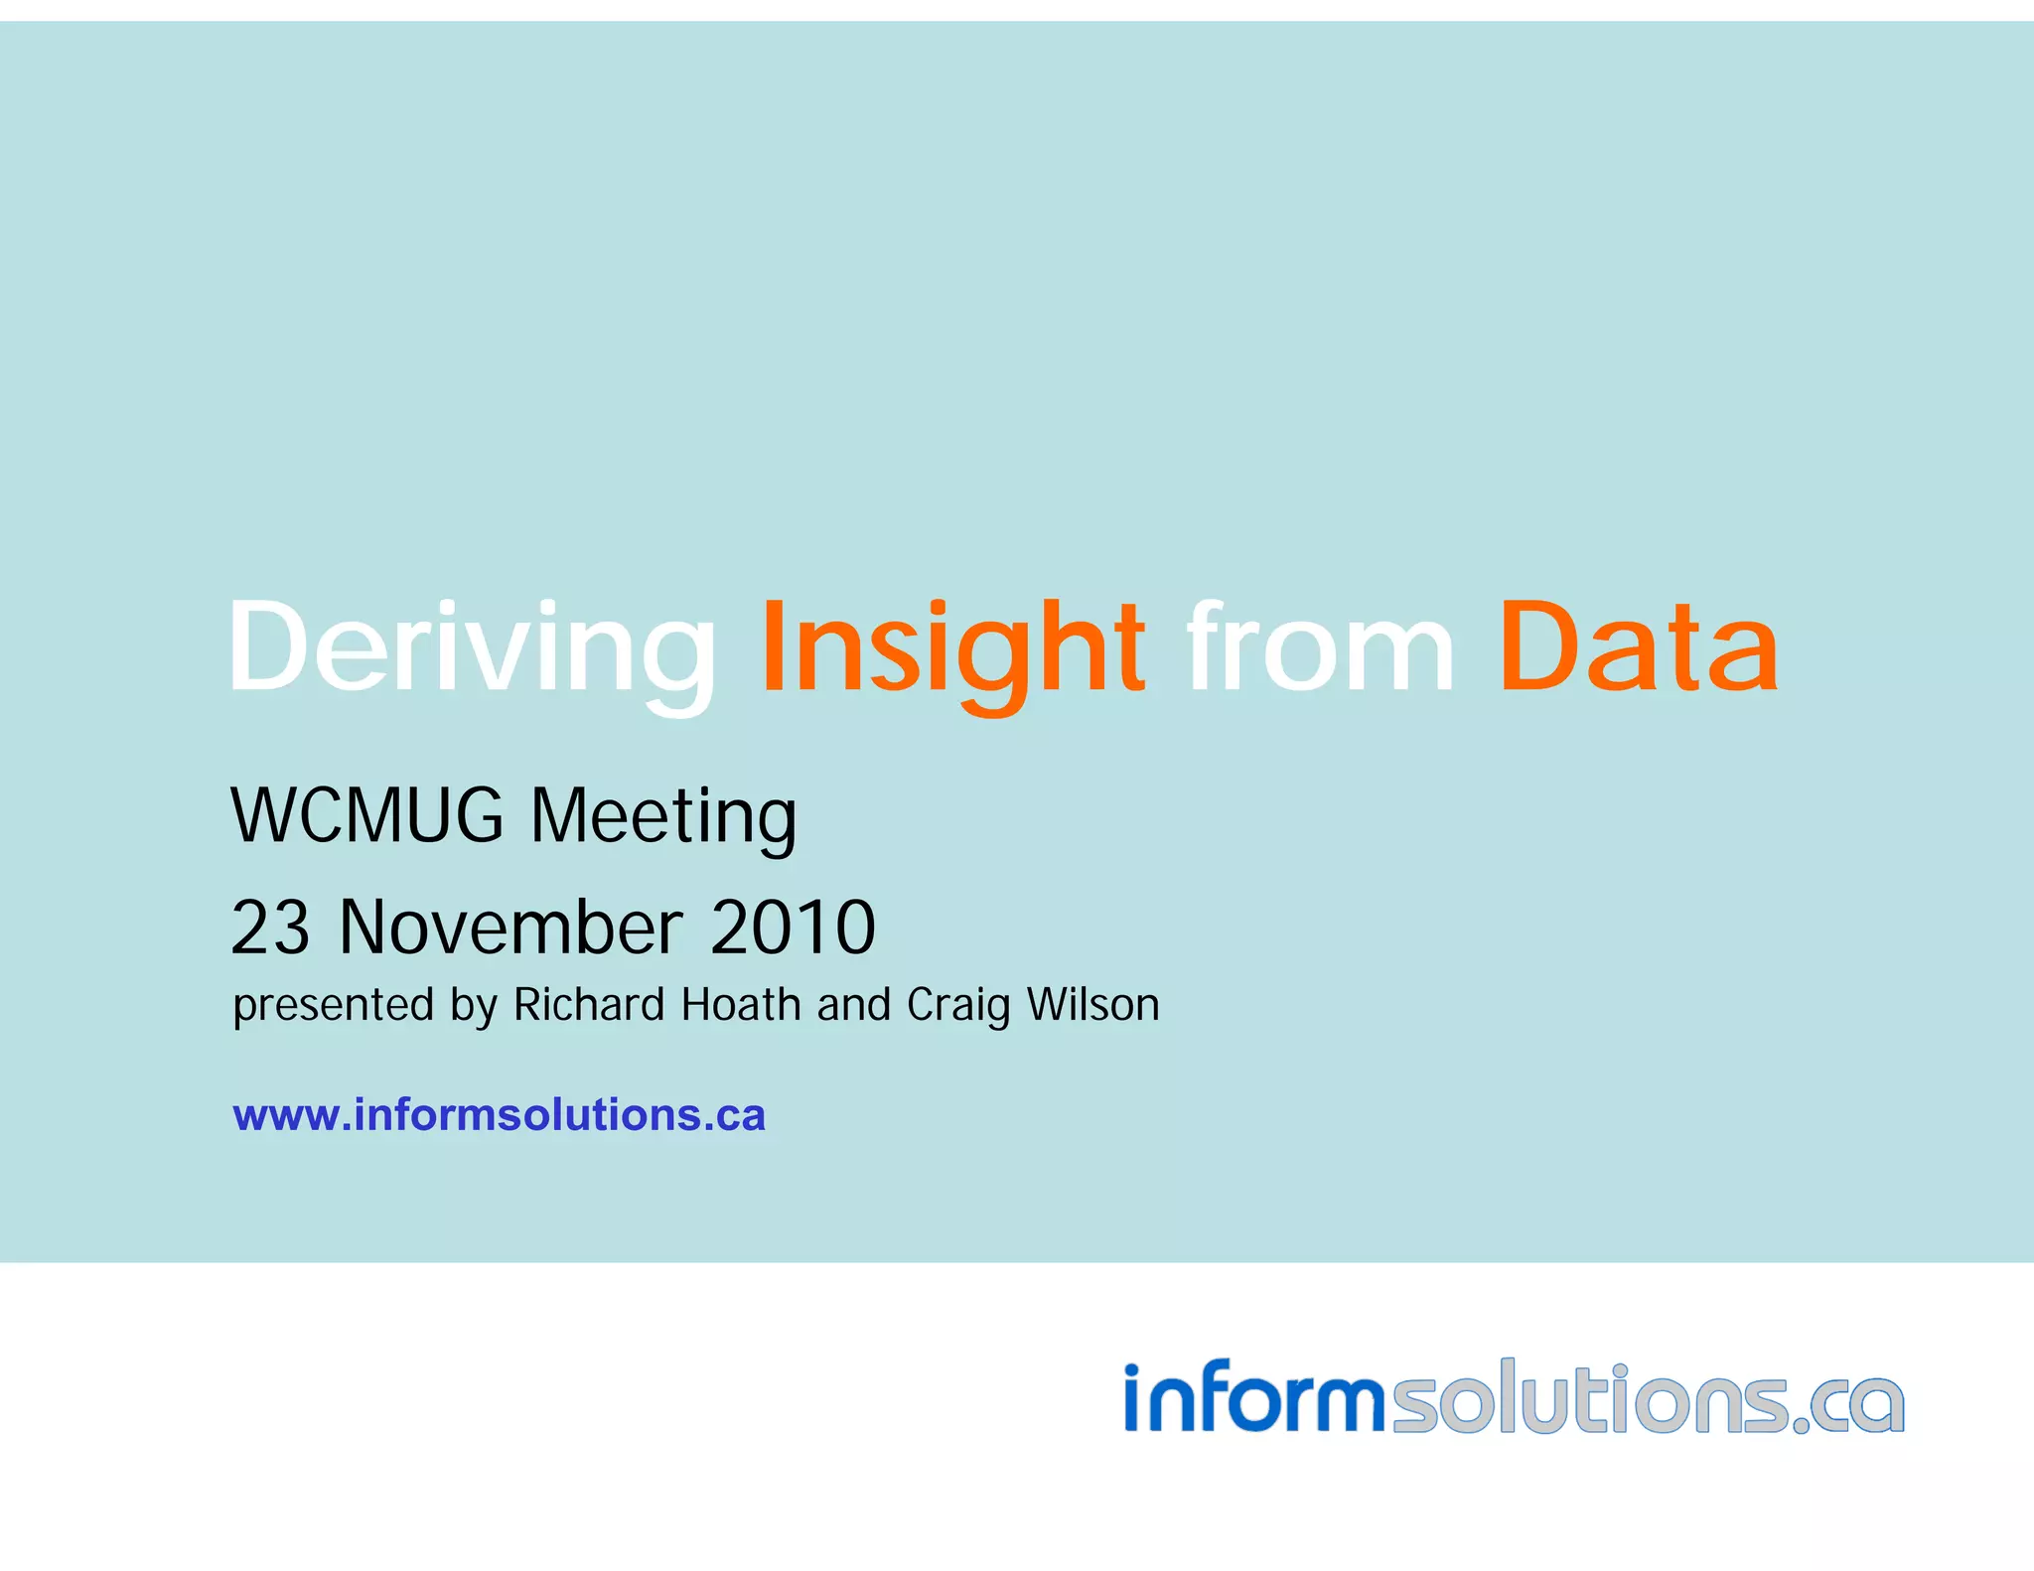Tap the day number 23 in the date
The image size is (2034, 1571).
pos(270,928)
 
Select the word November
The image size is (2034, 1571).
pos(510,928)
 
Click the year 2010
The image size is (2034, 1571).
pos(793,928)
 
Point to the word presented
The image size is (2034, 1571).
pos(334,1006)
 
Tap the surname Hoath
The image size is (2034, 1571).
pos(741,1004)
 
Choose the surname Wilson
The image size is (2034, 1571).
pos(1093,1004)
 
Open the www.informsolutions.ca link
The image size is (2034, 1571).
pos(499,1115)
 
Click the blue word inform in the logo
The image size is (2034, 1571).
pos(1253,1398)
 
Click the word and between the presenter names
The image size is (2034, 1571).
pos(854,1004)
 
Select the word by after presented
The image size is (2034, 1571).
pos(473,1006)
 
